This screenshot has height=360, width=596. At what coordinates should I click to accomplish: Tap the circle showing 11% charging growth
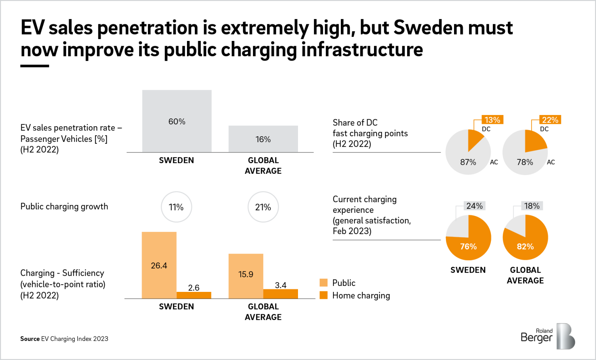tap(176, 207)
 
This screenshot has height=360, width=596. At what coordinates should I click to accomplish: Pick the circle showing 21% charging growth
tap(263, 207)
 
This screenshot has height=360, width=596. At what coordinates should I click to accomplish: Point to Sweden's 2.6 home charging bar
tap(194, 295)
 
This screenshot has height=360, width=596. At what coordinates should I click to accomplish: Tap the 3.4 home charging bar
tap(280, 294)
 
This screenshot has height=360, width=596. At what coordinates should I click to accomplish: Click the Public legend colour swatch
tap(324, 283)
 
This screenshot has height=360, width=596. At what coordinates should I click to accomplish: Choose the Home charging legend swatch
tap(324, 295)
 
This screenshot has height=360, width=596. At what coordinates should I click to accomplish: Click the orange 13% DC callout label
tap(492, 120)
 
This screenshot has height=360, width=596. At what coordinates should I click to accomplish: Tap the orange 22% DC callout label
tap(550, 120)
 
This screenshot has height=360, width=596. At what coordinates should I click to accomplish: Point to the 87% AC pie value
tap(468, 162)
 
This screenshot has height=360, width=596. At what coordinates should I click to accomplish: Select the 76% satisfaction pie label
tap(468, 246)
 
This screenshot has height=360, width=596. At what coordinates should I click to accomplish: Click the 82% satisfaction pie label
tap(525, 246)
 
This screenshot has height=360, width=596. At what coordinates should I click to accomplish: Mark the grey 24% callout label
tap(474, 206)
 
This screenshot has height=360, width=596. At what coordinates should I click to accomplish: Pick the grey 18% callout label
tap(532, 206)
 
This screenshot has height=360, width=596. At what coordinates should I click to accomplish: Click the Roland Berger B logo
tap(565, 336)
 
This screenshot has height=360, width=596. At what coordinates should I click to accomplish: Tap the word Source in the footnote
tap(30, 339)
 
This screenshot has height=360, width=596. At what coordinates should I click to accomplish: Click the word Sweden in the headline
tap(428, 28)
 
